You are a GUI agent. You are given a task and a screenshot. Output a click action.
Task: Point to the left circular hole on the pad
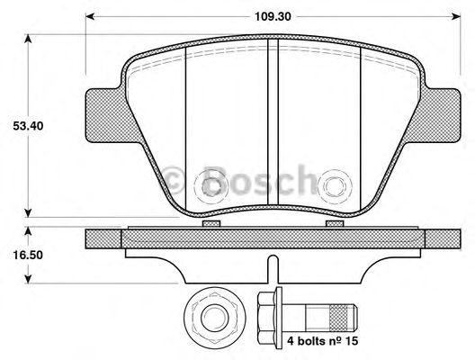point(213,186)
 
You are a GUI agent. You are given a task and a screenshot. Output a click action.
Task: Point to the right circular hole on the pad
point(337,186)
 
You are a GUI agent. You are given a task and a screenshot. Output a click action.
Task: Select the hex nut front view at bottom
point(213,317)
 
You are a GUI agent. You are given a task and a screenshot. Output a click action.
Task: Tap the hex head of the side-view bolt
point(266,317)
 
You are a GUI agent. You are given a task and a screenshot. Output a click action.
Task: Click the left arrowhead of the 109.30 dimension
point(90,15)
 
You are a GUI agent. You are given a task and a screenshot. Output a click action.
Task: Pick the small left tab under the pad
point(212,221)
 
